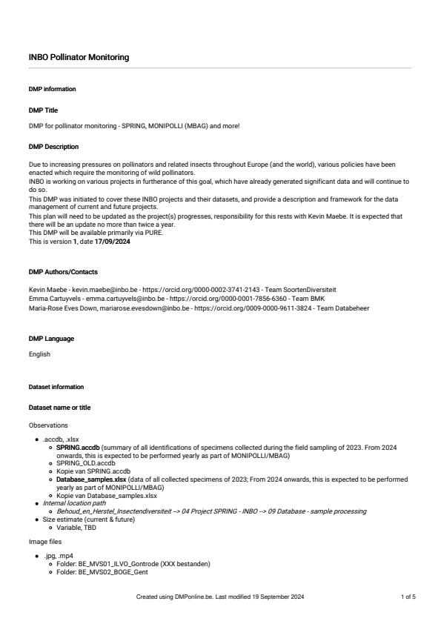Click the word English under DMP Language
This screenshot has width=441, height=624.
pos(39,354)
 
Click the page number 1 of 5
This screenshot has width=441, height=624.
pos(408,596)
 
